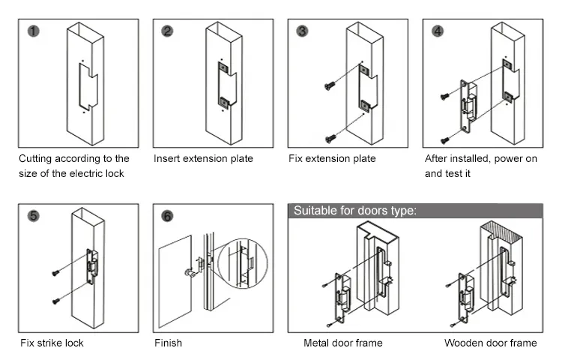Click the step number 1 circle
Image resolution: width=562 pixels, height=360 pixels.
[31, 31]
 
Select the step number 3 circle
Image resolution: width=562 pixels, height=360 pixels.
[302, 31]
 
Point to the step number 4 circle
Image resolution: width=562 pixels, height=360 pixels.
[438, 31]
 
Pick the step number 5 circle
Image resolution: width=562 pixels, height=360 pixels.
[33, 216]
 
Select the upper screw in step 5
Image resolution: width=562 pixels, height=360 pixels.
[55, 273]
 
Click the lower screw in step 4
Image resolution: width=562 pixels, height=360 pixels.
[445, 139]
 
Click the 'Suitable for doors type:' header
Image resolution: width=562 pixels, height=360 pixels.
[354, 211]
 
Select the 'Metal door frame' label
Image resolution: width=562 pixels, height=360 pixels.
[342, 343]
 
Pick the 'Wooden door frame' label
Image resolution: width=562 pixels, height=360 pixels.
[490, 343]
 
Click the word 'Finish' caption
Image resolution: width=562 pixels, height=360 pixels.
[168, 343]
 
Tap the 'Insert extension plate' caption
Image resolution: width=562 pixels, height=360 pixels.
[203, 159]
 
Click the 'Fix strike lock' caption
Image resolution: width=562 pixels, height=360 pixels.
[52, 343]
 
